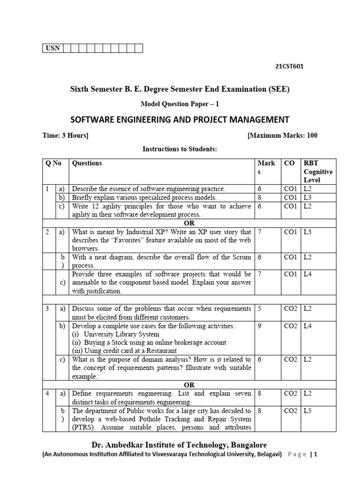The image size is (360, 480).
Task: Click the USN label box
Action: click(52, 48)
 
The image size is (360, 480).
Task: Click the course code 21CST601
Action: click(289, 66)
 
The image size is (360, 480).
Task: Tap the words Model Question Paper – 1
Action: click(180, 104)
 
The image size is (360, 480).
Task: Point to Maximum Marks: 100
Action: click(283, 135)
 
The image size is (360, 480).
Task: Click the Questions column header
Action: click(87, 163)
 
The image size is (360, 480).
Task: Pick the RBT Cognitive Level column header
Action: click(318, 172)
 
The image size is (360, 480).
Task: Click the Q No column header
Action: click(53, 163)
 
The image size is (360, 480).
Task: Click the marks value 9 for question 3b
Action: click(260, 326)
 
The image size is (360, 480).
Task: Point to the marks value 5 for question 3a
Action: click(260, 308)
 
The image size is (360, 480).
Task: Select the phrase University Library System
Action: click(121, 334)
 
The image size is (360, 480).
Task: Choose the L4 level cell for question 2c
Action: click(308, 274)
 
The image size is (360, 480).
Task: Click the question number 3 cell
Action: click(47, 308)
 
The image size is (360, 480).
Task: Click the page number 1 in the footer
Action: click(316, 454)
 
